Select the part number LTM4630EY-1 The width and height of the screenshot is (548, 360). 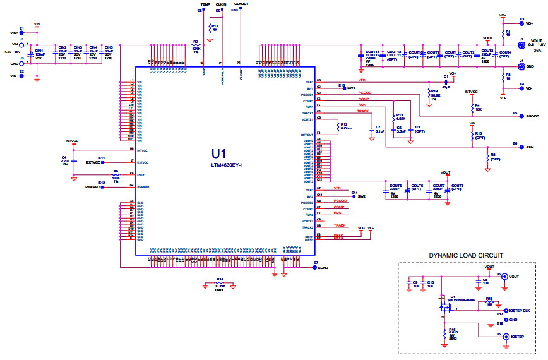click(x=227, y=165)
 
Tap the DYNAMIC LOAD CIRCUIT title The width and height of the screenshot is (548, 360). click(x=466, y=256)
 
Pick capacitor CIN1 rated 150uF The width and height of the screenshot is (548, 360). click(x=32, y=55)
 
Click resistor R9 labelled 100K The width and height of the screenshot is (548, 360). click(x=116, y=175)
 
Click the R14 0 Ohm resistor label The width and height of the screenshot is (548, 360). click(x=220, y=282)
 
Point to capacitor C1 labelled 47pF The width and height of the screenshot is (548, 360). click(x=446, y=81)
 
